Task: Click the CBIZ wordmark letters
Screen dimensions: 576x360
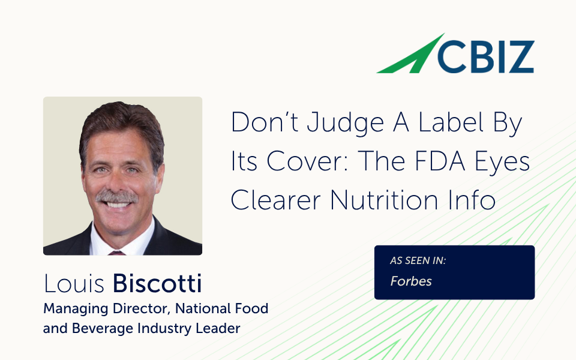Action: click(485, 57)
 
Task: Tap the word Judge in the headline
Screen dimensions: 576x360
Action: click(346, 123)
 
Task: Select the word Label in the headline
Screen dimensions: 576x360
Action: click(451, 122)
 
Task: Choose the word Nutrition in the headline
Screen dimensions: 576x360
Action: click(384, 200)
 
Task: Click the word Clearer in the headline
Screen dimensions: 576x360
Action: click(275, 200)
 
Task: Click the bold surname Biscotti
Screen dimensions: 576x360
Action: click(157, 283)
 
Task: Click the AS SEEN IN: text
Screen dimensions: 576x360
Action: click(418, 260)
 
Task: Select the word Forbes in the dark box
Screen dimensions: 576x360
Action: click(410, 281)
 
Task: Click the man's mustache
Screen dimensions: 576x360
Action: click(117, 197)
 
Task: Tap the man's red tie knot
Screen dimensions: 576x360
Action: click(117, 253)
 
